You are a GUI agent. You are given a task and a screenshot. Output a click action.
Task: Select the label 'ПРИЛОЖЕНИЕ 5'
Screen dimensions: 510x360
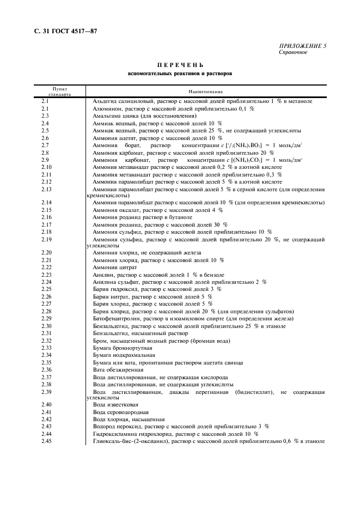coord(303,46)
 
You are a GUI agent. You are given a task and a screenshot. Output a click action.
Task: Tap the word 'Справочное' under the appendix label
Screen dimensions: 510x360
coord(293,52)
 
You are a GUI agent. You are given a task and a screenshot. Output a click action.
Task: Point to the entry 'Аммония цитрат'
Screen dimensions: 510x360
coord(114,267)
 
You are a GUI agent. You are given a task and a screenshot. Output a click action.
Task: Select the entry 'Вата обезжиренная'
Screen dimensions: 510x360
coord(119,369)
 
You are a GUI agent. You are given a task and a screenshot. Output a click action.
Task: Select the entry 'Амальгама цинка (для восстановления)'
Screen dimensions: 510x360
coord(144,116)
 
